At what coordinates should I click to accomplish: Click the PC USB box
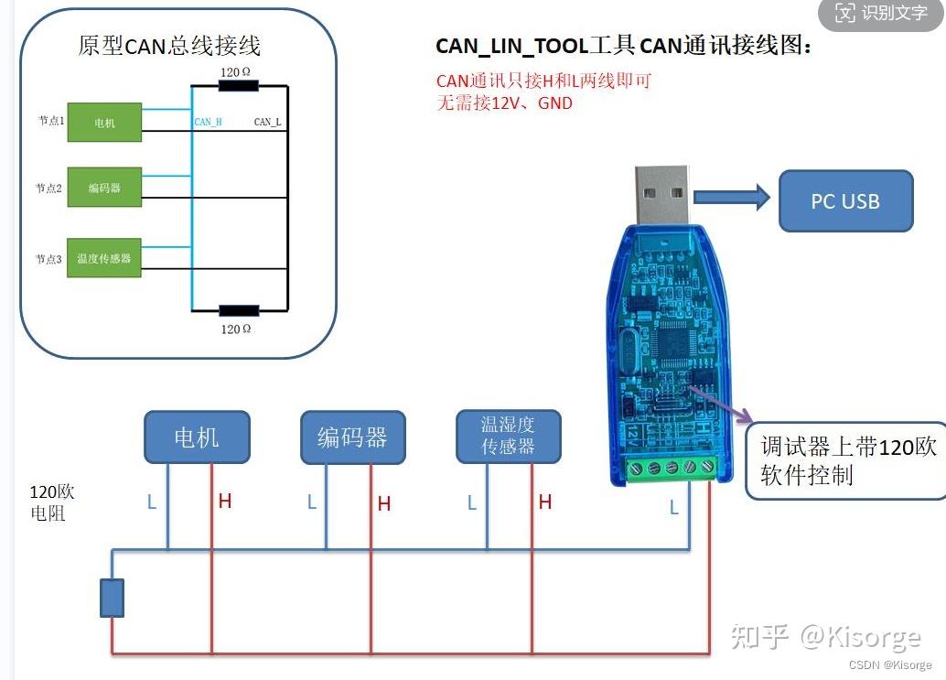coord(845,200)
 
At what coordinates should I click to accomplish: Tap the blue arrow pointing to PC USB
coord(732,197)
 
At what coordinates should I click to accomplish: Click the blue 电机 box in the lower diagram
coord(197,437)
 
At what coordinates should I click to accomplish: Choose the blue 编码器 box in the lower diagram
coord(353,437)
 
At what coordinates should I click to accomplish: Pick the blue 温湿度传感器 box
coord(508,436)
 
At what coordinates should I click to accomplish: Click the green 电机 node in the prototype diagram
coord(104,123)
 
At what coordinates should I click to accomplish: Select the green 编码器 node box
coord(104,187)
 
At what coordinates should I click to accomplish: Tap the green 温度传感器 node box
coord(104,258)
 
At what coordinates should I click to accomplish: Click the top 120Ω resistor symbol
coord(238,86)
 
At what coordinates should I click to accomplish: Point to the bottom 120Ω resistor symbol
coord(238,311)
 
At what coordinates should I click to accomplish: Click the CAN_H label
coord(209,122)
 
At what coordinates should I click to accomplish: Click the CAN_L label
coord(267,122)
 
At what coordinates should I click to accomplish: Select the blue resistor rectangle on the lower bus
coord(112,598)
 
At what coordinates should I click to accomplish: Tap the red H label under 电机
coord(225,502)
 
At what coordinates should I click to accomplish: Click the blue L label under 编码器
coord(312,502)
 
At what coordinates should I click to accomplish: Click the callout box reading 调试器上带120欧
coord(846,460)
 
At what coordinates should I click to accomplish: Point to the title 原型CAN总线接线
coord(169,46)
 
